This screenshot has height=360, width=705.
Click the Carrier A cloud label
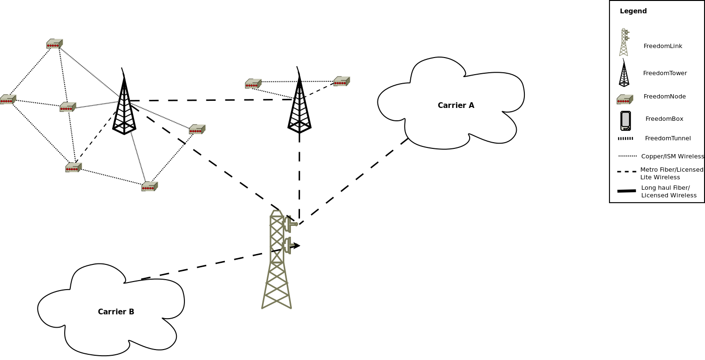point(455,106)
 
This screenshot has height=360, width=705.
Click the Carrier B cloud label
point(116,312)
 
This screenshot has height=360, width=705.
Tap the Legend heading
point(633,11)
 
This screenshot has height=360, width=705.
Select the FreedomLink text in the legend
point(663,46)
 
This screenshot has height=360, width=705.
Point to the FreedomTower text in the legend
point(665,73)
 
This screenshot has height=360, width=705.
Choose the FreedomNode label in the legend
point(664,97)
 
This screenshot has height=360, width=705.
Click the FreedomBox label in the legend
point(664,119)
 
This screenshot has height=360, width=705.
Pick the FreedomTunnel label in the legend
point(667,138)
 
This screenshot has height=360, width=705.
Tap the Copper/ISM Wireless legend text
point(672,156)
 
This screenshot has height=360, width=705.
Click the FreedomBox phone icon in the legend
point(625,121)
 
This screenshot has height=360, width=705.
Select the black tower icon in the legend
point(624,74)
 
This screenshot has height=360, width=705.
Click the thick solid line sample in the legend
point(626,191)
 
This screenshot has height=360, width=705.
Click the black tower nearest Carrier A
point(299,102)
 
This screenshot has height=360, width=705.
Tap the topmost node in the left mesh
point(54,44)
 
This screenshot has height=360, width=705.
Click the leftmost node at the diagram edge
point(8,99)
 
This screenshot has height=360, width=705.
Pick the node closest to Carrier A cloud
point(341,81)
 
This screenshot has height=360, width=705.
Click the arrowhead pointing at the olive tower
point(296,245)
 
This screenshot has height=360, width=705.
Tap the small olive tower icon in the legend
point(624,42)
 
